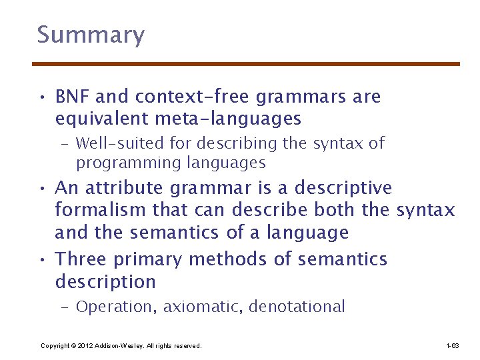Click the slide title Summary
point(91,35)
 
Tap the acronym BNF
point(73,97)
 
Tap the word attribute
point(127,189)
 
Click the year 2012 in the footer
point(85,345)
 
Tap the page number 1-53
point(452,345)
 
